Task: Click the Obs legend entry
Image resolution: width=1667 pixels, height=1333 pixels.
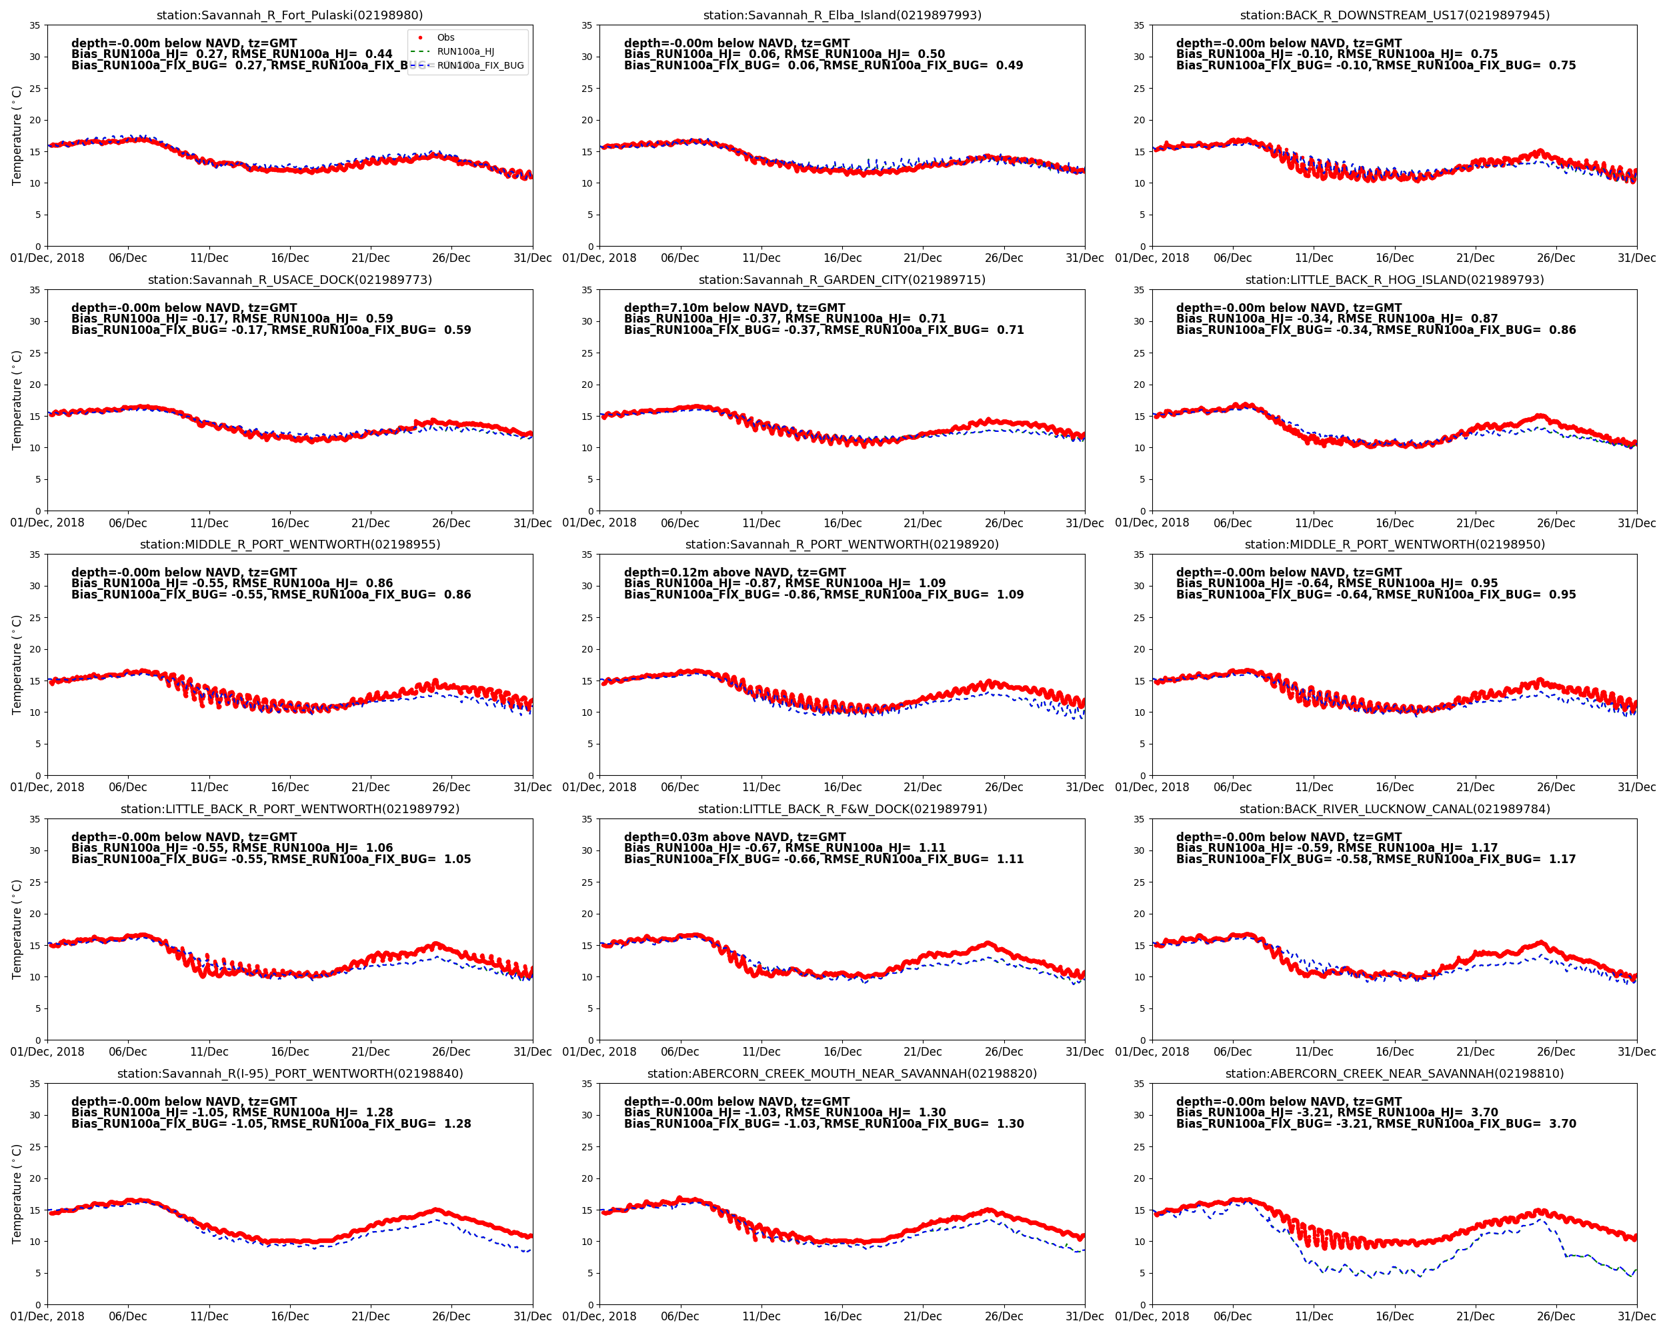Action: (x=445, y=37)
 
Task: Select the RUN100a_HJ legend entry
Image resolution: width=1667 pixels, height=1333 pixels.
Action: (x=465, y=52)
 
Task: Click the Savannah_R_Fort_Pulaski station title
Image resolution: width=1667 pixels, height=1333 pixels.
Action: (x=289, y=15)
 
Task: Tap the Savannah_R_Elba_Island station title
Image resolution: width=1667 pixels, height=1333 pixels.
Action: (x=842, y=15)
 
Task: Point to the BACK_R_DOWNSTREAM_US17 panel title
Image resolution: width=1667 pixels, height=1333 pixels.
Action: (x=1394, y=15)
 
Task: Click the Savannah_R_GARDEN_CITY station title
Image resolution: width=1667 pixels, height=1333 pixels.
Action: (x=842, y=280)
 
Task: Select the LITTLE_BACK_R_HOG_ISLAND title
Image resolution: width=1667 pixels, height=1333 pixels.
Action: (x=1394, y=280)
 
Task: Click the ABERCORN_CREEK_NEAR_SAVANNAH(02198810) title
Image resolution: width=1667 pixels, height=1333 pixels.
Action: (x=1394, y=1073)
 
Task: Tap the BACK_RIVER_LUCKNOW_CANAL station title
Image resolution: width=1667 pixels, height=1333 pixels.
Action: (x=1394, y=809)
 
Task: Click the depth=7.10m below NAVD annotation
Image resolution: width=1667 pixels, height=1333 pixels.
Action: (x=735, y=307)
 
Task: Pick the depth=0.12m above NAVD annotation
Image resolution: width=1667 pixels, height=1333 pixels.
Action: (x=735, y=573)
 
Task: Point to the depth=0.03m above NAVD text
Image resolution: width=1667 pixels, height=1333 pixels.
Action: (x=735, y=837)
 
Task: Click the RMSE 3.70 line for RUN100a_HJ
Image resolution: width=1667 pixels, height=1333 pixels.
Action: (x=1337, y=1113)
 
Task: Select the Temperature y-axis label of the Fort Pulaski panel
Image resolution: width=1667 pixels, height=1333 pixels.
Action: (x=16, y=135)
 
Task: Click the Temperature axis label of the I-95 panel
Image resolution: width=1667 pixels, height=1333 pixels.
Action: (x=16, y=1194)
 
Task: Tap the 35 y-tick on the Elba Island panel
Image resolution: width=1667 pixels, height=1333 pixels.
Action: (x=587, y=25)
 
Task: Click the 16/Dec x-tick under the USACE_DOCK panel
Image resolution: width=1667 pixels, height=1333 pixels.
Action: (x=289, y=523)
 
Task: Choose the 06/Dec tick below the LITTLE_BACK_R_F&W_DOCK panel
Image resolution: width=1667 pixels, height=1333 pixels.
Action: (x=679, y=1052)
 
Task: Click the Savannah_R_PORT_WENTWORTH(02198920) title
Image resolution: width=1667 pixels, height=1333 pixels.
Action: (x=842, y=544)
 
